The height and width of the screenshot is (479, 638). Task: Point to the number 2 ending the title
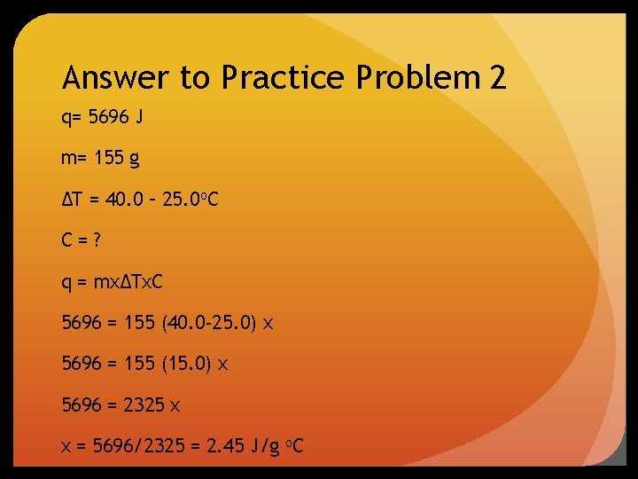coord(497,79)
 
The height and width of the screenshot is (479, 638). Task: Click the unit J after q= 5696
coord(139,118)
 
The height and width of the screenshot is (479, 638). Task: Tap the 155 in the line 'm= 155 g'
coord(107,159)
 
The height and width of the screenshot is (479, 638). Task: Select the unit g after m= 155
coord(134,160)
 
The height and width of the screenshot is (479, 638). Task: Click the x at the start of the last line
coord(66,446)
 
